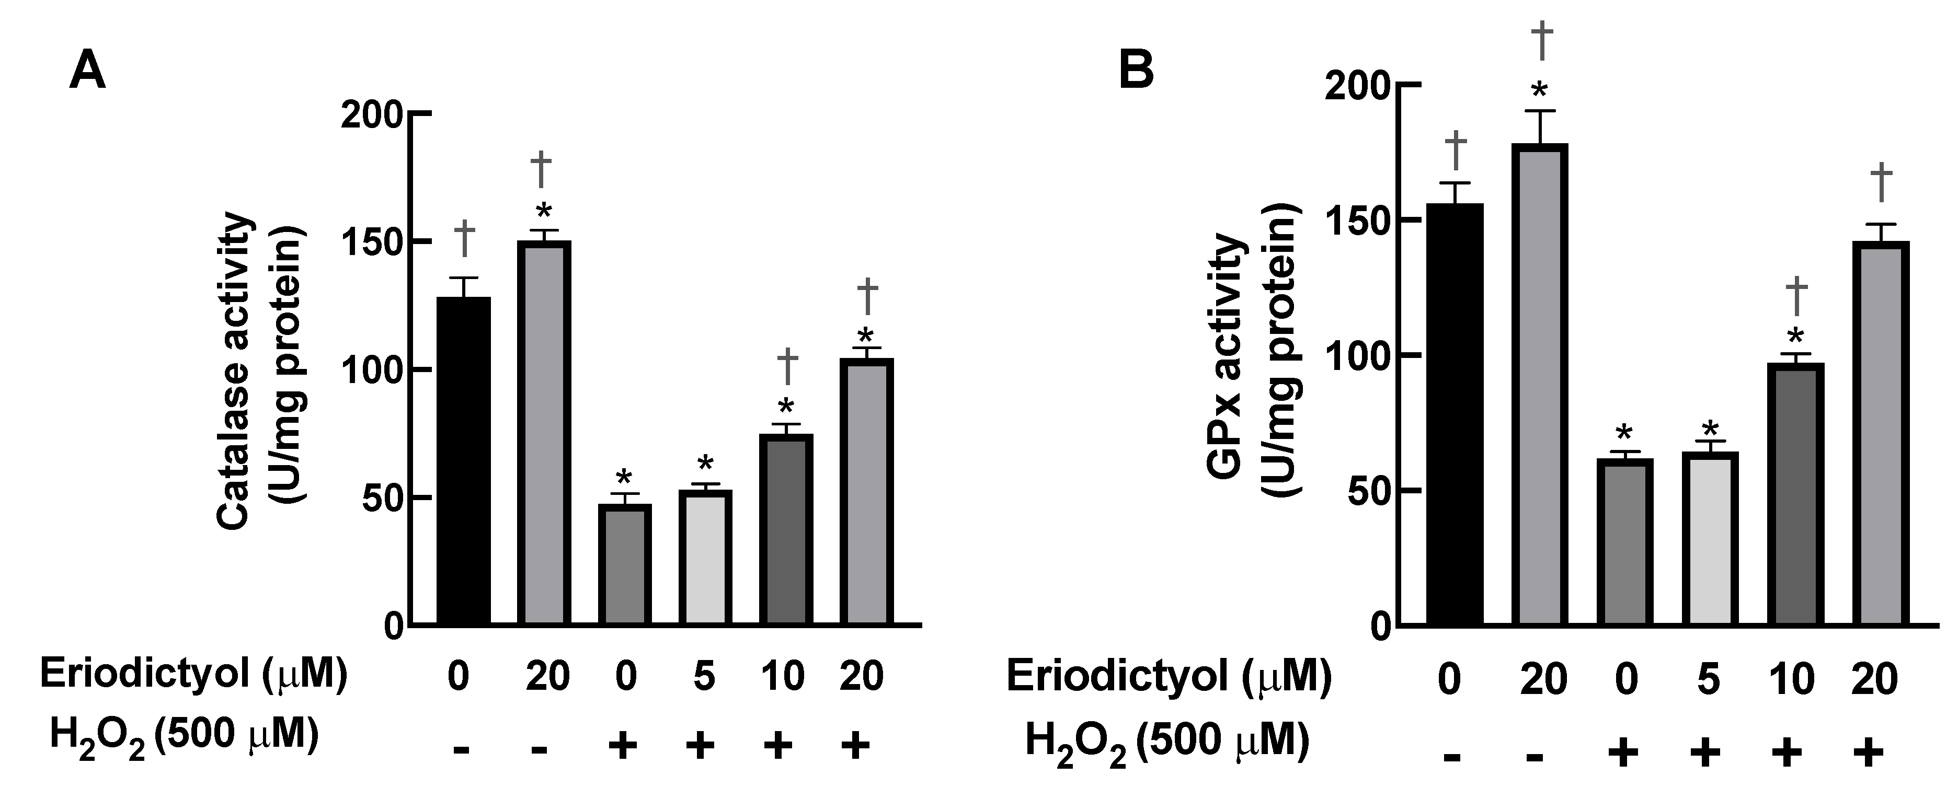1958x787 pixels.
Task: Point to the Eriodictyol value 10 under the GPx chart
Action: pyautogui.click(x=1792, y=678)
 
